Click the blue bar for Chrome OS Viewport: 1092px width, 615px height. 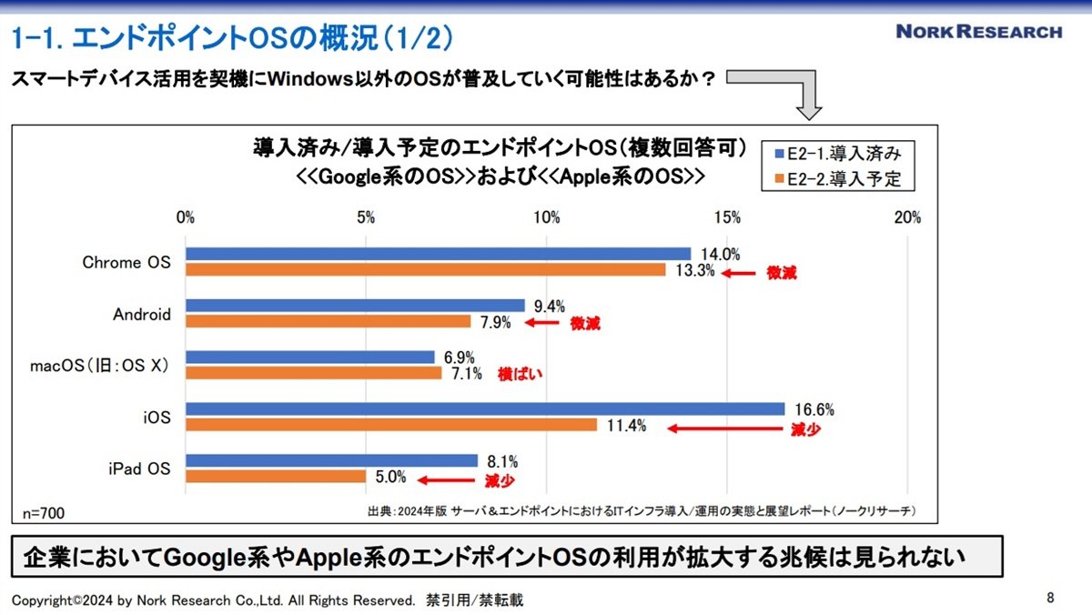point(439,254)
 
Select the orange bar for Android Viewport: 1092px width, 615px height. point(329,321)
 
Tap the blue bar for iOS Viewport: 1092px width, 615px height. point(485,408)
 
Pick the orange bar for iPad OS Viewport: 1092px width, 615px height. point(276,477)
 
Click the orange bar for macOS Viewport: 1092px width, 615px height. point(313,373)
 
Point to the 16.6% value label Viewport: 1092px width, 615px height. point(814,409)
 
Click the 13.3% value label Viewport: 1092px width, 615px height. point(694,270)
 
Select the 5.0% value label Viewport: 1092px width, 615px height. point(390,477)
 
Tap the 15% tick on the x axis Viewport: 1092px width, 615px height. point(727,217)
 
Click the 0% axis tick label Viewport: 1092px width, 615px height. point(186,217)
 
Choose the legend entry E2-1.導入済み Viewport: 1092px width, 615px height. point(838,154)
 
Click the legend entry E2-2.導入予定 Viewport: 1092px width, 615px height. point(838,179)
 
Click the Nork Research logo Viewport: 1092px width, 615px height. point(979,32)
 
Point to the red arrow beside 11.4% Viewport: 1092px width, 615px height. point(725,428)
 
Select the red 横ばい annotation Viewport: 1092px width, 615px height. point(520,374)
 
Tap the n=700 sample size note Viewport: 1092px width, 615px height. point(44,513)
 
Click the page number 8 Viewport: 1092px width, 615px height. point(1050,598)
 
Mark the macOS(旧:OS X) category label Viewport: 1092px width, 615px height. point(99,366)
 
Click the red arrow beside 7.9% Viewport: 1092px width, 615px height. point(541,323)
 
